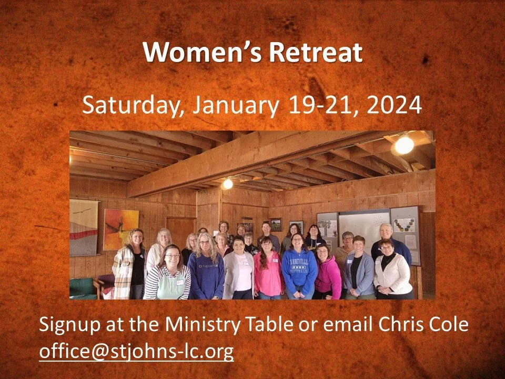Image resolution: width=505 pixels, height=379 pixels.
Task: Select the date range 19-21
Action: tap(321, 105)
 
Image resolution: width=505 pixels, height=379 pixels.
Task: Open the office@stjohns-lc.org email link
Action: tap(136, 351)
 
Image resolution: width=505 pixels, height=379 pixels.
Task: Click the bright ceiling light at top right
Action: tap(404, 145)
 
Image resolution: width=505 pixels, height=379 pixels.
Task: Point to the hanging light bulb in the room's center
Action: tap(227, 184)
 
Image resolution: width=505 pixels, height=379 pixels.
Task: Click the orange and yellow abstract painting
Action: tap(120, 230)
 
